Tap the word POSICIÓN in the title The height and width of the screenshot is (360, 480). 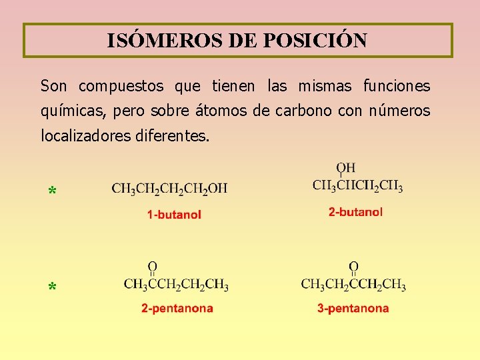315,40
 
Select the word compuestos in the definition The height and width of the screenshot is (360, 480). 121,87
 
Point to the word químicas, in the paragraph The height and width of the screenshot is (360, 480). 73,111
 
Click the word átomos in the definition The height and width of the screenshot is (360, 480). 221,111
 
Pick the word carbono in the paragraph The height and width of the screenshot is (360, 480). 303,111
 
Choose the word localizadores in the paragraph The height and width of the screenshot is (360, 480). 86,135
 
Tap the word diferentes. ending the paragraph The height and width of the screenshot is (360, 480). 173,135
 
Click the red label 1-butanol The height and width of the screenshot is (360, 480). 174,215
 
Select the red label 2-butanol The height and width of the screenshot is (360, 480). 356,212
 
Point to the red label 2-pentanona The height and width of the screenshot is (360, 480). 177,308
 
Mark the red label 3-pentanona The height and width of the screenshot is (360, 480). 353,308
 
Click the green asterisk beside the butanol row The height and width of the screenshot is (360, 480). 53,191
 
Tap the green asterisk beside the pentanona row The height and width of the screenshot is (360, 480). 53,287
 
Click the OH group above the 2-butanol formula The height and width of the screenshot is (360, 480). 346,168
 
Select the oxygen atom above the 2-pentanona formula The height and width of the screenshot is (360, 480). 153,266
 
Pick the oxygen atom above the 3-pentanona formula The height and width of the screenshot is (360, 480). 353,266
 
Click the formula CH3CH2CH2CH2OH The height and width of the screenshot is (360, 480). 169,189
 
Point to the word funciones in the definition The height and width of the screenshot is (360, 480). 397,86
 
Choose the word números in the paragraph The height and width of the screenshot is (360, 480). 399,111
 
